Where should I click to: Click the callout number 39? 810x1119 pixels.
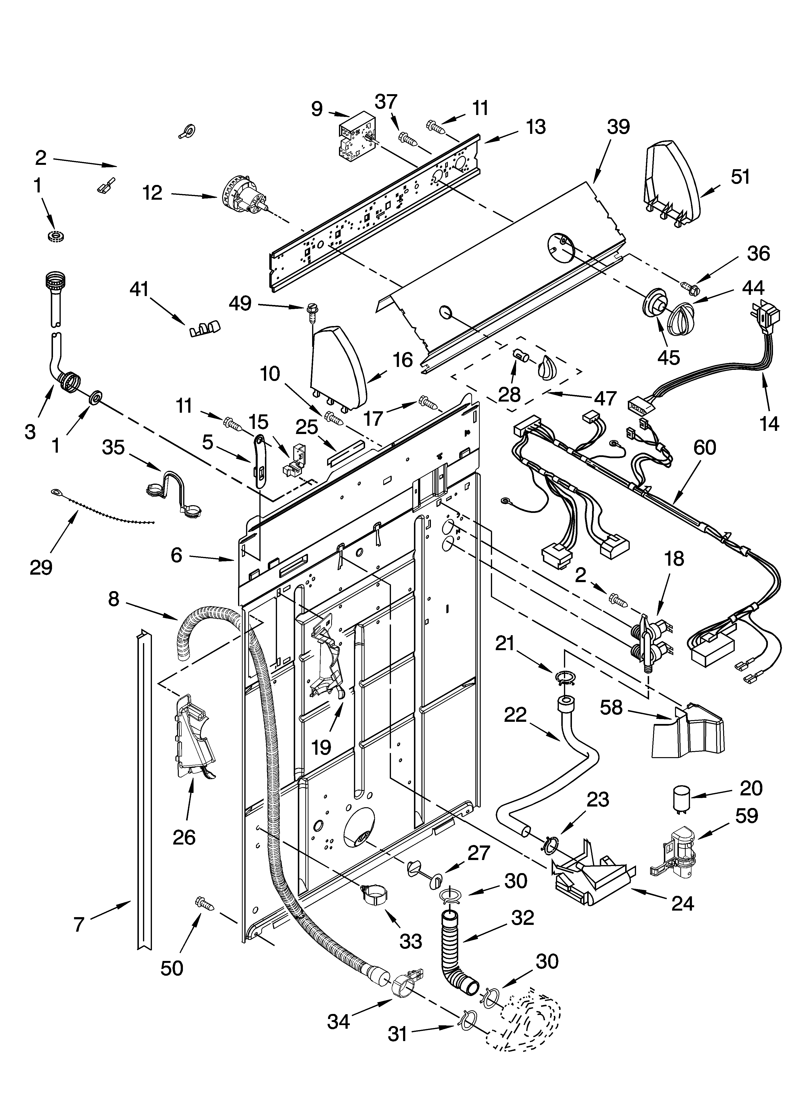[x=618, y=127]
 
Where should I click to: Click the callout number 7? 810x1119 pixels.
[x=79, y=924]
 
